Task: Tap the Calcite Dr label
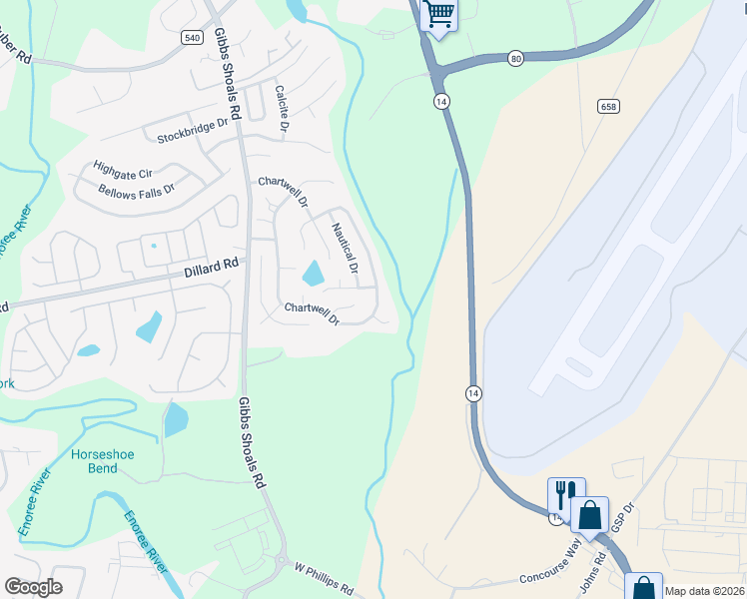pos(282,109)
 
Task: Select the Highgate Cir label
pos(122,170)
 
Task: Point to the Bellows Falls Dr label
pos(136,190)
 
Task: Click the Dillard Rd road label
pos(211,267)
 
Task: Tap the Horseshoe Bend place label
pos(102,461)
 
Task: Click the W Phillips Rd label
pos(324,578)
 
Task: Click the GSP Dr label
pos(623,539)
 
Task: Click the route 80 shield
pos(514,58)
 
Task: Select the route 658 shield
pos(607,106)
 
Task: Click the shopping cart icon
pos(439,15)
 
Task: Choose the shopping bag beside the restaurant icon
pos(590,515)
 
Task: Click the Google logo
pos(33,587)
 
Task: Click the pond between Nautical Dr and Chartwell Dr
pos(313,273)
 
